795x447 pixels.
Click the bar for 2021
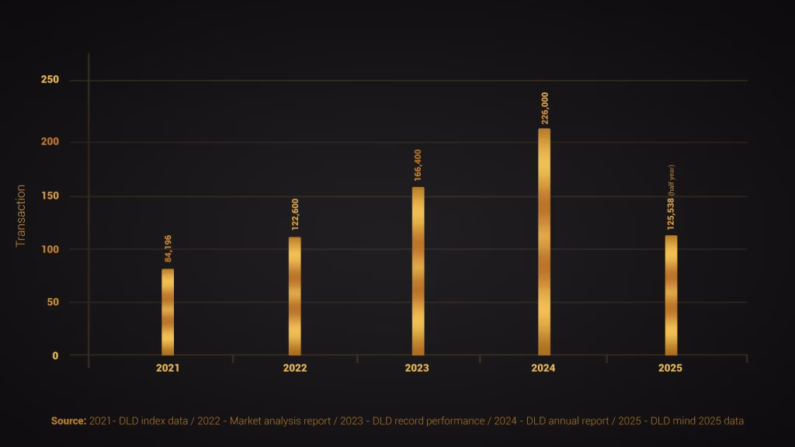tap(168, 312)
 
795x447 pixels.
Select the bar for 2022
tap(294, 296)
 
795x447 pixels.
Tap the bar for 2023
tap(418, 271)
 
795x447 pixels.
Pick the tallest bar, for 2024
tap(544, 241)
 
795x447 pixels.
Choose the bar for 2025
tap(671, 295)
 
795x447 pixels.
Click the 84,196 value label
tap(168, 248)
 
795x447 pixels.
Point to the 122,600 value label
tap(294, 214)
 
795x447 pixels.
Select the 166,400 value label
tap(418, 165)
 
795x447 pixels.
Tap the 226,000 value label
tap(544, 109)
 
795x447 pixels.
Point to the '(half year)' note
tap(672, 180)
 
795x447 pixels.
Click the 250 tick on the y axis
tap(50, 80)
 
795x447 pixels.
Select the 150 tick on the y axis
tap(50, 196)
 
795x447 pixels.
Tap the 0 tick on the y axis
tap(55, 355)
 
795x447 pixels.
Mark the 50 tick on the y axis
tap(52, 302)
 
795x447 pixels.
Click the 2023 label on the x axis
tap(417, 368)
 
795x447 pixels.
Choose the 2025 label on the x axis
tap(670, 368)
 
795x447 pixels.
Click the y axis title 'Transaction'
tap(21, 216)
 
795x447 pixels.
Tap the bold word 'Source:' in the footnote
tap(68, 421)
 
